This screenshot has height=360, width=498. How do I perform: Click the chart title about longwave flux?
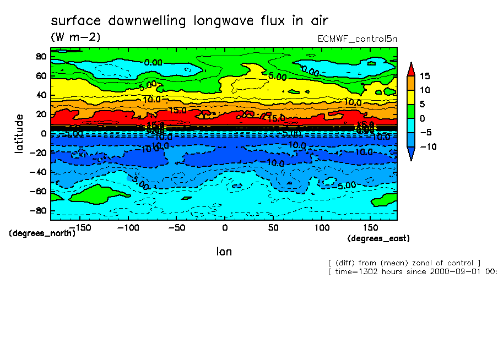point(190,21)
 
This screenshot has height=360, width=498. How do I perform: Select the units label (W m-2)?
point(75,37)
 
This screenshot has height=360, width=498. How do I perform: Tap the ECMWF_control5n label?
point(357,39)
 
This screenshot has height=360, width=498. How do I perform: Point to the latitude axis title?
point(20,134)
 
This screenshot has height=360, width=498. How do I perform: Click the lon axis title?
point(224,252)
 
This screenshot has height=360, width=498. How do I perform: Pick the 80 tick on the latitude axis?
point(40,56)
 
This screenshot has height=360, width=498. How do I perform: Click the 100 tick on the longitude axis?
point(322,227)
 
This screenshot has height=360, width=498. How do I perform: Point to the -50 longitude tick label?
point(176,227)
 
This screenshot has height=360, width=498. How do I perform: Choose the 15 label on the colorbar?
point(424,76)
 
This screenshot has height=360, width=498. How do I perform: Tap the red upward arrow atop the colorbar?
point(411,69)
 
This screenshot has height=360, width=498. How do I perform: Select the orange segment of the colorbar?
point(411,83)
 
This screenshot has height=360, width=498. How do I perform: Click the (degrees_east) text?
point(378,238)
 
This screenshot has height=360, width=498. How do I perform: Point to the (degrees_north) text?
point(42,233)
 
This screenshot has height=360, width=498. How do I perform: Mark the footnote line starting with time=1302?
point(412,271)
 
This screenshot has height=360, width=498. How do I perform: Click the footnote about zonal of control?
point(404,263)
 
